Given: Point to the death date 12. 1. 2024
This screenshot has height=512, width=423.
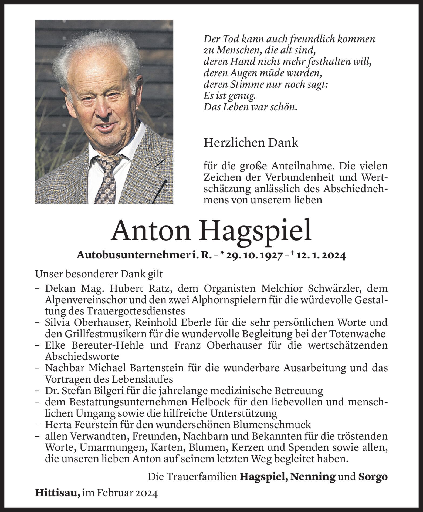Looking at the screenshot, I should coord(321,255).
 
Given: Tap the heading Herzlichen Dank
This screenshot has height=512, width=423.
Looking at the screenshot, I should coord(251,143).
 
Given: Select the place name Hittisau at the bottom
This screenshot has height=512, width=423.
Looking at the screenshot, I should coord(57,493).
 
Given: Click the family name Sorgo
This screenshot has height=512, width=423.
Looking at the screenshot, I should coord(373,477).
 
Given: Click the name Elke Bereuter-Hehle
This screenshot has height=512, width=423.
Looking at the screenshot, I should coord(94,345).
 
